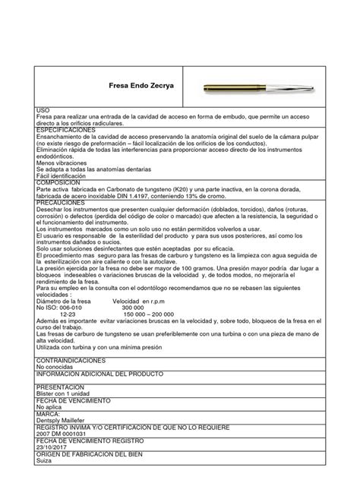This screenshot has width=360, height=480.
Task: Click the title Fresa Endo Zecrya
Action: point(136,86)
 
